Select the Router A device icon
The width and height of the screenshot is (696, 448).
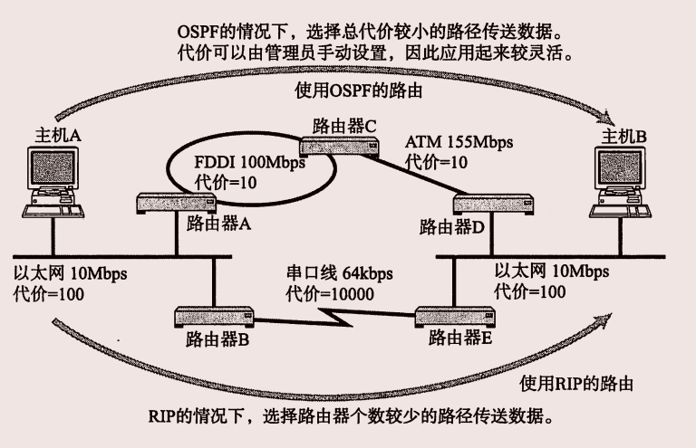178,203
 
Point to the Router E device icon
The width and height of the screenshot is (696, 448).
458,317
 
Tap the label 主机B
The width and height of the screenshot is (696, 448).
624,136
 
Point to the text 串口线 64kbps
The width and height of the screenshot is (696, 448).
334,273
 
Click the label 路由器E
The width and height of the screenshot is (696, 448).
459,340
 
